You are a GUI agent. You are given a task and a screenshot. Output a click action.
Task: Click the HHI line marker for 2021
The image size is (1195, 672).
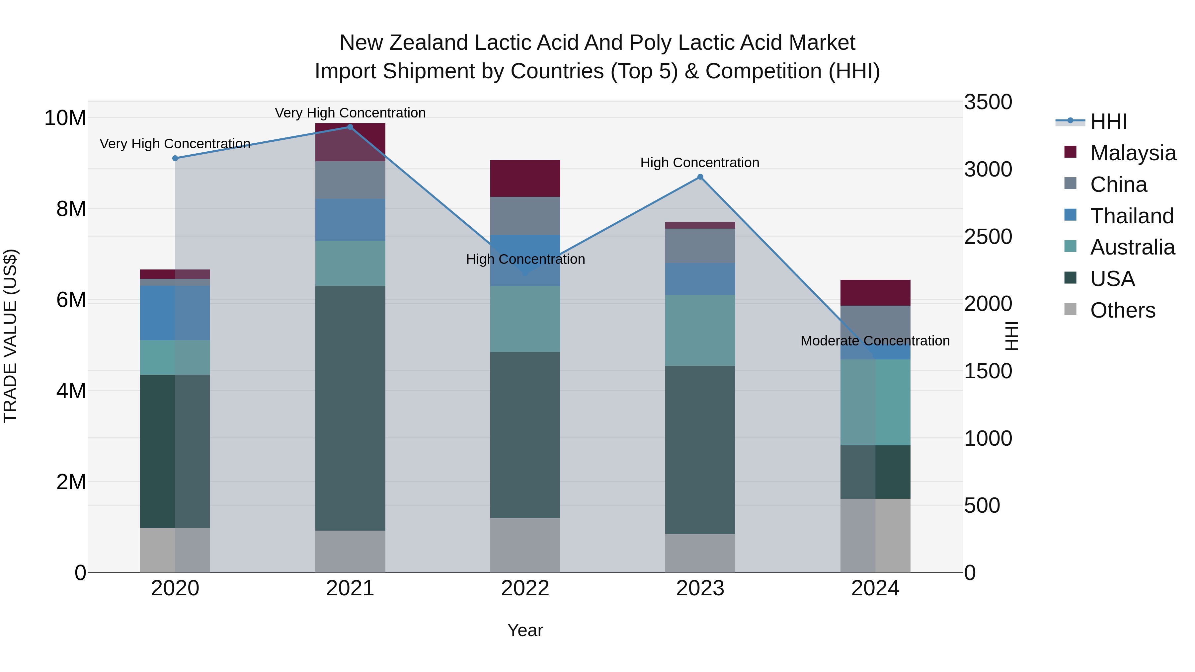(350, 127)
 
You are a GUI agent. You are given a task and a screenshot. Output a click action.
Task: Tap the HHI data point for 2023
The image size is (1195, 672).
(700, 177)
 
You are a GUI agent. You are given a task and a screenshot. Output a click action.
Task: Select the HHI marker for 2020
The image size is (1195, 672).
(175, 158)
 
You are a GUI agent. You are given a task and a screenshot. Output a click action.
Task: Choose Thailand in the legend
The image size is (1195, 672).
(1132, 216)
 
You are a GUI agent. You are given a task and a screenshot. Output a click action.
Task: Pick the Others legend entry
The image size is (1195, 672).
(1122, 310)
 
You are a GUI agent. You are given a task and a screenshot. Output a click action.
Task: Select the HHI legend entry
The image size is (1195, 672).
(1108, 121)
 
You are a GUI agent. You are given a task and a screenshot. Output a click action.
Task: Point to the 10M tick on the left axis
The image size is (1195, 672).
(65, 118)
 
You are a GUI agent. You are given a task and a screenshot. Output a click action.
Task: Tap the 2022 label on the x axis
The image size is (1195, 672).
(525, 588)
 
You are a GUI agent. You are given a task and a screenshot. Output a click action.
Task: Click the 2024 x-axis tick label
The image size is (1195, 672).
(875, 588)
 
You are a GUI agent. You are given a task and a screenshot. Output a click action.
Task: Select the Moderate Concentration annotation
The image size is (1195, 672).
(875, 341)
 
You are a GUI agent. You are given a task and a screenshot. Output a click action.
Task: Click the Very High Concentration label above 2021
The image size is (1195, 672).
(350, 113)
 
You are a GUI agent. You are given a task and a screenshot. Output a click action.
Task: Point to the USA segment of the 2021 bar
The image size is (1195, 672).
(350, 408)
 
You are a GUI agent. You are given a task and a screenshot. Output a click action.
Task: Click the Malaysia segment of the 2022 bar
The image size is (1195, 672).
(525, 178)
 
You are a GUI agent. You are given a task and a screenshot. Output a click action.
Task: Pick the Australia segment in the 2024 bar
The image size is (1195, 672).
(875, 402)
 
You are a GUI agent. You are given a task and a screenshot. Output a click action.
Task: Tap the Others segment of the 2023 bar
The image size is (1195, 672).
(700, 553)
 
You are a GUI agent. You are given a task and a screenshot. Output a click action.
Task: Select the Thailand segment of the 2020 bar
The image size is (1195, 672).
(175, 313)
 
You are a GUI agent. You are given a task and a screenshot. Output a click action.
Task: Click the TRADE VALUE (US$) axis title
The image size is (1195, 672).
(10, 336)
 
